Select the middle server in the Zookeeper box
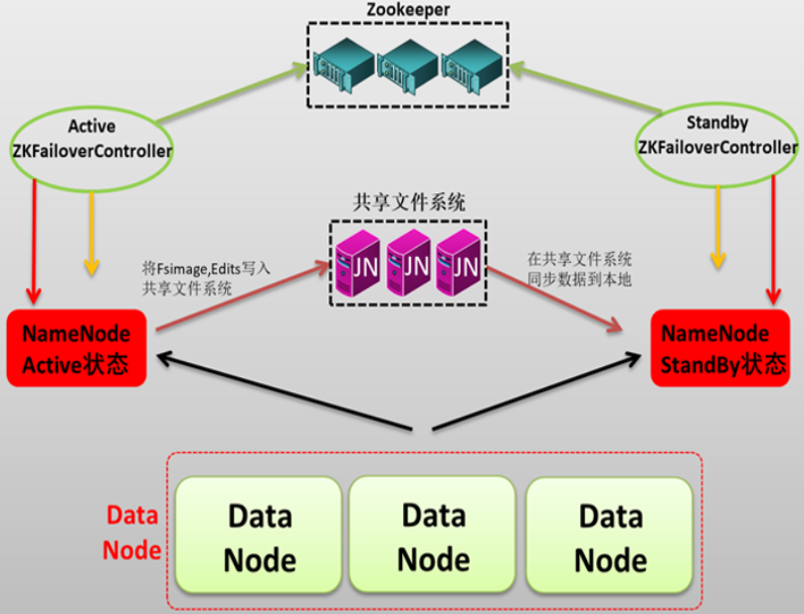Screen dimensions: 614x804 tap(406, 64)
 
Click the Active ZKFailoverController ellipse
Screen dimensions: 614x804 tap(91, 139)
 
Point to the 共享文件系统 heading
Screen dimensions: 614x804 tap(409, 201)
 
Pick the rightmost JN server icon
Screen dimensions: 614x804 tap(459, 261)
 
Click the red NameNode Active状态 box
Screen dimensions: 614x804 tap(77, 347)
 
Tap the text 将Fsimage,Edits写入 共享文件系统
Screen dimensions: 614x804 tap(206, 278)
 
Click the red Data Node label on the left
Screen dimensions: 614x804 tap(133, 532)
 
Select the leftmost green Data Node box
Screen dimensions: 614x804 tap(259, 535)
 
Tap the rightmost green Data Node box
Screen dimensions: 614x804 tap(609, 535)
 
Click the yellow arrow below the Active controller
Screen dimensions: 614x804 tap(92, 234)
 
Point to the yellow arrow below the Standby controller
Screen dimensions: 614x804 tap(715, 234)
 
